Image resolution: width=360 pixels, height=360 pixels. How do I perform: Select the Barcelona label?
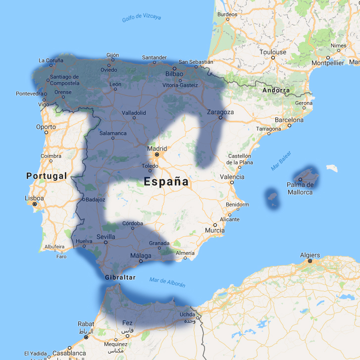(x=289, y=120)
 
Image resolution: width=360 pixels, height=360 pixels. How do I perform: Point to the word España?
(x=166, y=182)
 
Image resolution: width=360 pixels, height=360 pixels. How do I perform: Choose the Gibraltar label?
(x=120, y=277)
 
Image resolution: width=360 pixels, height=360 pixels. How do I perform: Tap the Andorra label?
(x=276, y=90)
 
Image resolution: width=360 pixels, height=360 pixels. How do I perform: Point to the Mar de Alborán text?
(x=167, y=282)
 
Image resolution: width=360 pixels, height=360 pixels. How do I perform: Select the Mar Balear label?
(x=281, y=163)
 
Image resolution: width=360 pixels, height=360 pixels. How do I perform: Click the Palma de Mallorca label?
(x=300, y=188)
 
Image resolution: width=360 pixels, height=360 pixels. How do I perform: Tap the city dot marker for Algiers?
(x=309, y=261)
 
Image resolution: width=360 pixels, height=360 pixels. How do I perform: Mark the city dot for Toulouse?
(x=273, y=58)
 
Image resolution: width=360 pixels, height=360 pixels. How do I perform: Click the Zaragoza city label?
(x=220, y=112)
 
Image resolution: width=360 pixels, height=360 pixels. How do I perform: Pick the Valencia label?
(x=232, y=177)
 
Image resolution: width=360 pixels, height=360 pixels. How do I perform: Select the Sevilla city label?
(x=106, y=237)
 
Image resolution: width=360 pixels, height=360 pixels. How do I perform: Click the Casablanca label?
(x=69, y=354)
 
